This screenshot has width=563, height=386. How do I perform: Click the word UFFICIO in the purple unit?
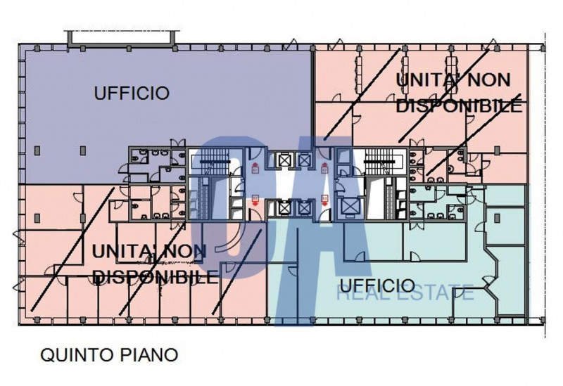coord(132,93)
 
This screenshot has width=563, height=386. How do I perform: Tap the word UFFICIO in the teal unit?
coord(377,286)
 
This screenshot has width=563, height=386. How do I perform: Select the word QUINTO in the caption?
coord(76,355)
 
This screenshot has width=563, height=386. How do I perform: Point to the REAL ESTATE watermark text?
coord(405,292)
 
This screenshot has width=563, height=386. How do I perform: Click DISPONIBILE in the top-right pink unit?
coord(459,106)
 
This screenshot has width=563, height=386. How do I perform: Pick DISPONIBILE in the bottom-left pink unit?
coord(155,277)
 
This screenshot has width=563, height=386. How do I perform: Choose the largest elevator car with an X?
coord(348,207)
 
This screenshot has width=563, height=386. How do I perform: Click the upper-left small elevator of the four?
coord(284,160)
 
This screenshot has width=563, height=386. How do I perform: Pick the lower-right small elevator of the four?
coord(304,207)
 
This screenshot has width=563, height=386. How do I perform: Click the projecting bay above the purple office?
coord(121,39)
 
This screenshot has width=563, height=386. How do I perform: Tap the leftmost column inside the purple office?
coord(37,150)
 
